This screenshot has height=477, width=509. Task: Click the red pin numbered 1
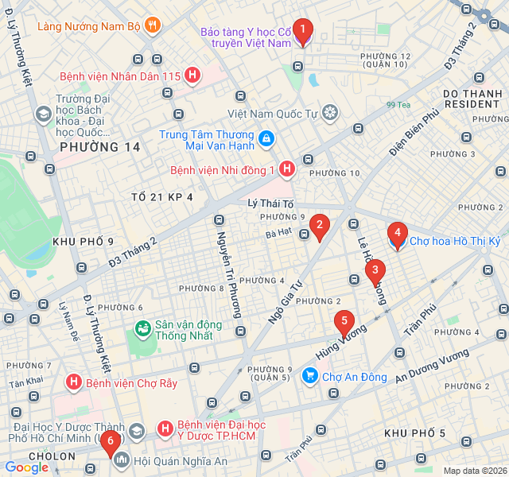click(x=302, y=31)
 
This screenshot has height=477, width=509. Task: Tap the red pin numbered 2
click(x=319, y=227)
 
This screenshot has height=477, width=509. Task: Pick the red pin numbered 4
click(x=397, y=235)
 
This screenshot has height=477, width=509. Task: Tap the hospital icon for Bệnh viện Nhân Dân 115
click(x=192, y=76)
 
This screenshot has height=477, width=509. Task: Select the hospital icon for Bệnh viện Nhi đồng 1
click(x=287, y=169)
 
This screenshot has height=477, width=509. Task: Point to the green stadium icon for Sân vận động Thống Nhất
click(x=143, y=328)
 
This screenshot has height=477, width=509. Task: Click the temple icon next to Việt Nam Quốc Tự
click(x=330, y=113)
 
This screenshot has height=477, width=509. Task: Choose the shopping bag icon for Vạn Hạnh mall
click(x=266, y=139)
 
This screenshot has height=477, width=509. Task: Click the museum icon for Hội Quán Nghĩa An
click(x=122, y=460)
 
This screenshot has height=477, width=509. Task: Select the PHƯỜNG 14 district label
click(x=99, y=147)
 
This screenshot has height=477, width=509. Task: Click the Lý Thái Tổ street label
click(x=271, y=204)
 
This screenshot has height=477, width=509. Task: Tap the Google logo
click(x=27, y=467)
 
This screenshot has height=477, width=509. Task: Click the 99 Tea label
click(x=398, y=105)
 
